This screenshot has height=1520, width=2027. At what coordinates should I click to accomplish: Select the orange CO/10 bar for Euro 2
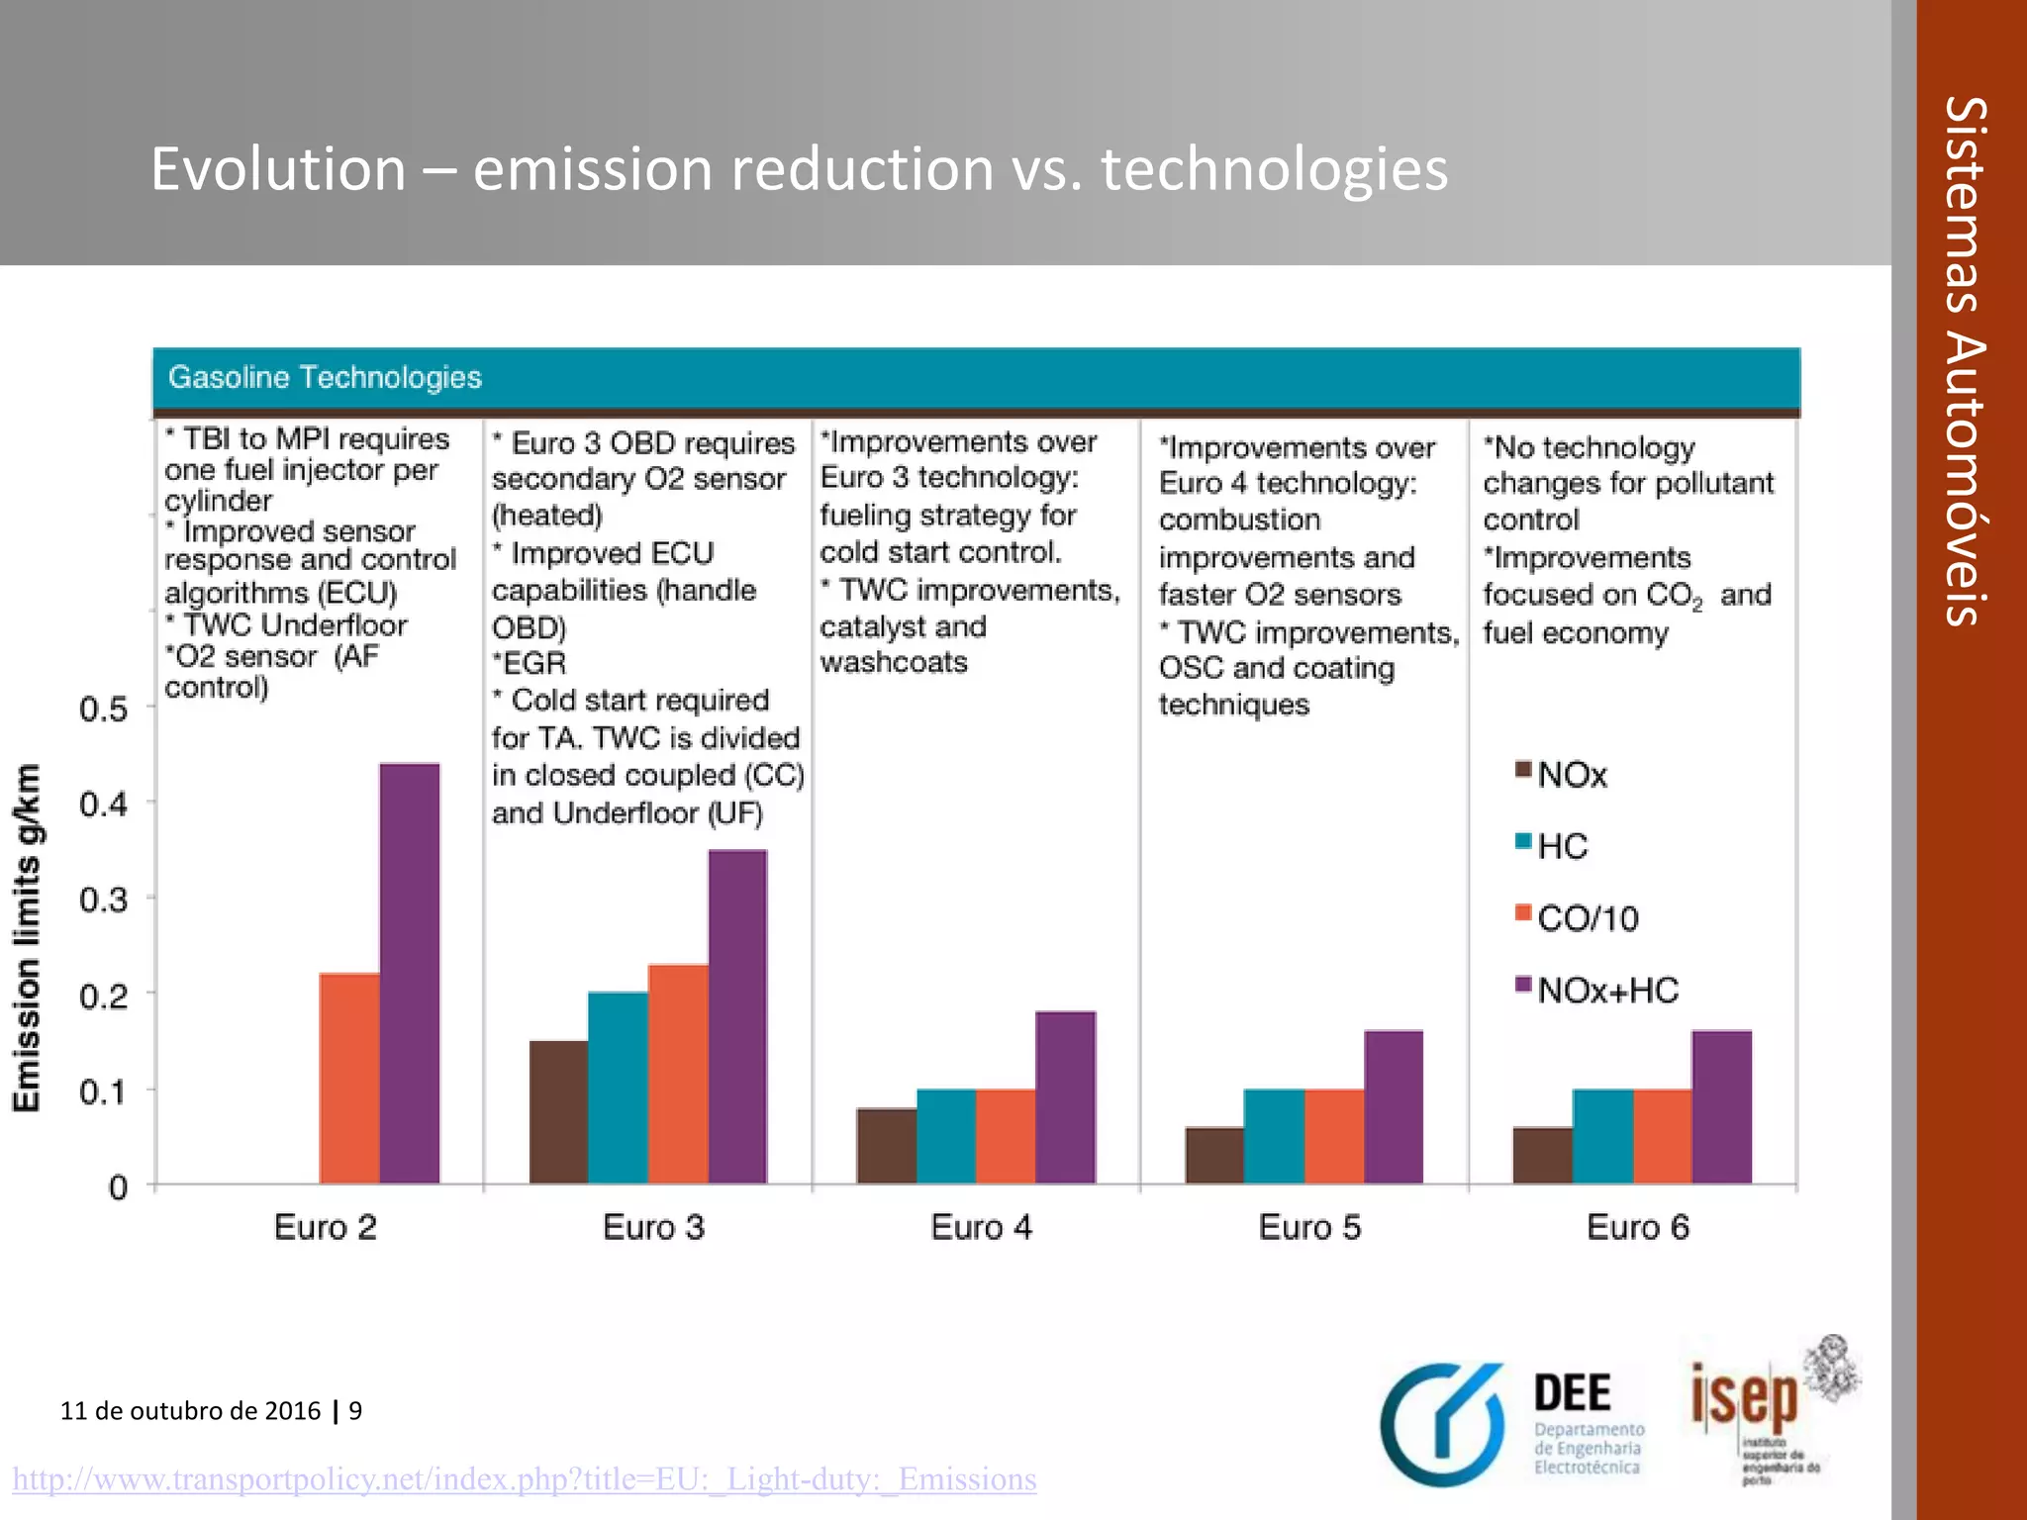click(x=349, y=1079)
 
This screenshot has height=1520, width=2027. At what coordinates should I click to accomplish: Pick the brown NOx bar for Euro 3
click(x=558, y=1112)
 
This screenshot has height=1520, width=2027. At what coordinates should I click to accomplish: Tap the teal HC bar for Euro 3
click(x=618, y=1088)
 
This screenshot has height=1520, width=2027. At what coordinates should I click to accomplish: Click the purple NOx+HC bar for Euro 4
click(x=1066, y=1097)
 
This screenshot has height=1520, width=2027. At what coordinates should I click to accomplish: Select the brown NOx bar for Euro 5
click(x=1214, y=1155)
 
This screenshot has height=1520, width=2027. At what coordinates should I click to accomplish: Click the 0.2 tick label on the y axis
click(x=104, y=996)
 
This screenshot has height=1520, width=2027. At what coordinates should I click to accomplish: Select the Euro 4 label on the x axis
click(x=981, y=1227)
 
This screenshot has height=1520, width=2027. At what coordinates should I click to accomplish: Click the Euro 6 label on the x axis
click(x=1637, y=1227)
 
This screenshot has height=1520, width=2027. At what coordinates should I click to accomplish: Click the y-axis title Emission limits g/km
click(x=28, y=937)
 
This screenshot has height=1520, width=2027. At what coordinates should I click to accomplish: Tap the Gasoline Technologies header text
click(x=325, y=377)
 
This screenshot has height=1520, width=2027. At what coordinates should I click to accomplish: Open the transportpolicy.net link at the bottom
click(x=525, y=1478)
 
